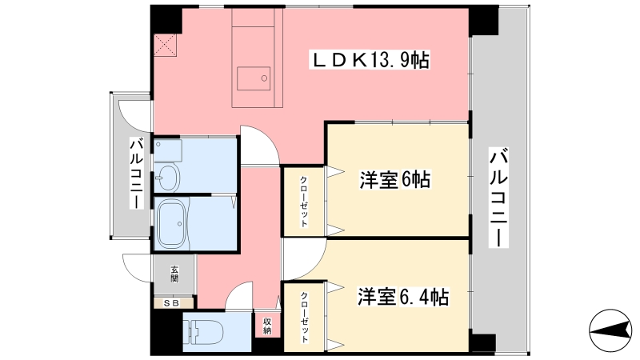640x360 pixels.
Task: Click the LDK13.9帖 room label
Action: tap(370, 61)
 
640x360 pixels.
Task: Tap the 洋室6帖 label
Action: tap(394, 179)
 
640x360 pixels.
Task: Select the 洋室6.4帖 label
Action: tap(403, 297)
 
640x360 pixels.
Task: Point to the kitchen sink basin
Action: tap(254, 79)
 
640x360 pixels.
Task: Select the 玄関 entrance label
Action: tap(174, 274)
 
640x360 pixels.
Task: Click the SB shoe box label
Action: tap(172, 303)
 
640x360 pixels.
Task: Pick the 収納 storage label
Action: tap(267, 326)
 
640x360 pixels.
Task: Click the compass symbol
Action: tap(610, 330)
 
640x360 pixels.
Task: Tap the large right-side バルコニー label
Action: tap(498, 198)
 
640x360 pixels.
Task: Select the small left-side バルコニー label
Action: tap(137, 174)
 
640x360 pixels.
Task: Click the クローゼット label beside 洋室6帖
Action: tap(304, 202)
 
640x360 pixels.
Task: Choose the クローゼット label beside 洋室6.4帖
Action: tap(305, 317)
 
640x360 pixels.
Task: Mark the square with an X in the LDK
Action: tap(166, 46)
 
